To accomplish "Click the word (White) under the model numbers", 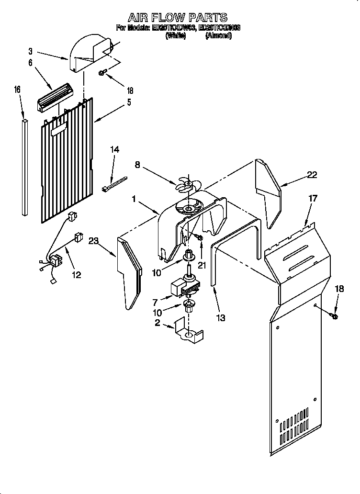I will (175, 36).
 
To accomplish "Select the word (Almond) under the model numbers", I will (218, 36).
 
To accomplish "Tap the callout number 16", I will (17, 90).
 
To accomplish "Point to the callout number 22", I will (312, 175).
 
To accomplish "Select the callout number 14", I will (114, 149).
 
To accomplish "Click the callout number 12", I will (76, 275).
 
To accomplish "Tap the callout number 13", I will (220, 318).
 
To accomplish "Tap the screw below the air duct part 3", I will (102, 73).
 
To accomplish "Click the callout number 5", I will (129, 102).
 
